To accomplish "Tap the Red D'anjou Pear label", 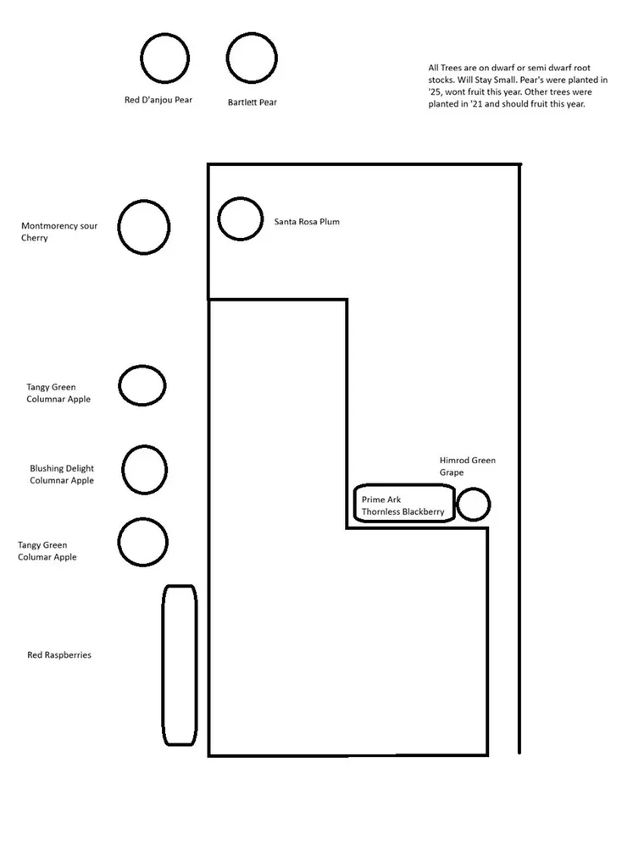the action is (x=158, y=100).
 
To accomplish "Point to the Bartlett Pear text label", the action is (x=253, y=102).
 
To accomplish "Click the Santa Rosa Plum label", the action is (x=307, y=222).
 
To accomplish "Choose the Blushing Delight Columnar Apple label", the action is (x=62, y=474).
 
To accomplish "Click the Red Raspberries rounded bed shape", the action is (x=164, y=665).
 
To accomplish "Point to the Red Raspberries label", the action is (x=59, y=655).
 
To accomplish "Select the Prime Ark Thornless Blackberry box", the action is (x=355, y=503).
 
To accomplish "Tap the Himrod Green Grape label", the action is (x=468, y=467).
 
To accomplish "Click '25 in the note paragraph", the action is (x=435, y=91).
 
